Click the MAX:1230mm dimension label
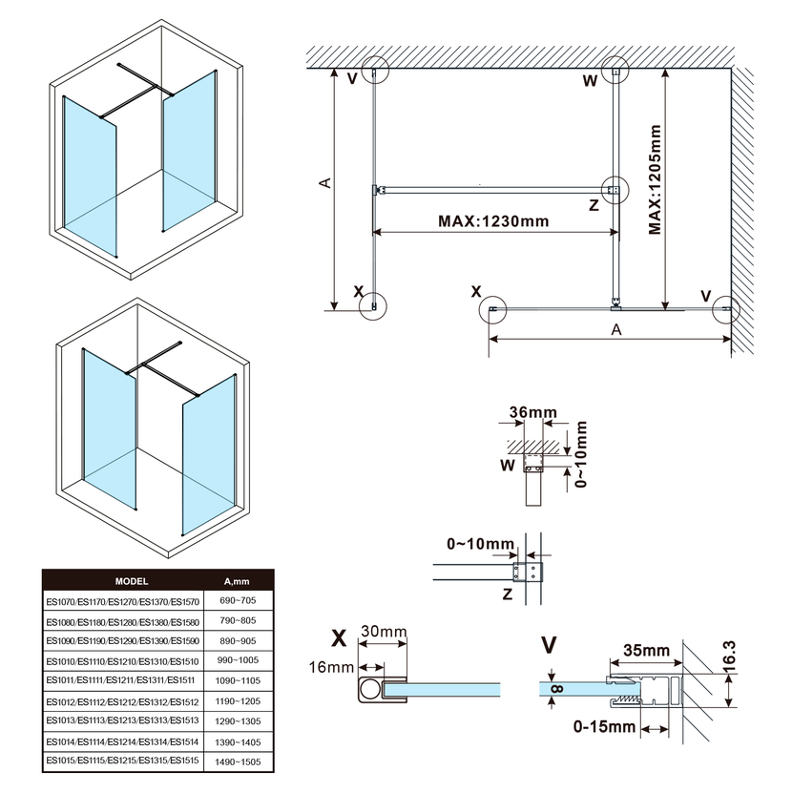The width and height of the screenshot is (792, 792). [493, 221]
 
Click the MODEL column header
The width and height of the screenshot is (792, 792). [131, 580]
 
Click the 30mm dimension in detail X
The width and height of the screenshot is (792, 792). [383, 632]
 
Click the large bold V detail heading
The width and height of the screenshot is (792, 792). [549, 646]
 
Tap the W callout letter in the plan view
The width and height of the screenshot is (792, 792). [590, 81]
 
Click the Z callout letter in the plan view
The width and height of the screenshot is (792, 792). [594, 204]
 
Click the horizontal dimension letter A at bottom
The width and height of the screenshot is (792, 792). [616, 329]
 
